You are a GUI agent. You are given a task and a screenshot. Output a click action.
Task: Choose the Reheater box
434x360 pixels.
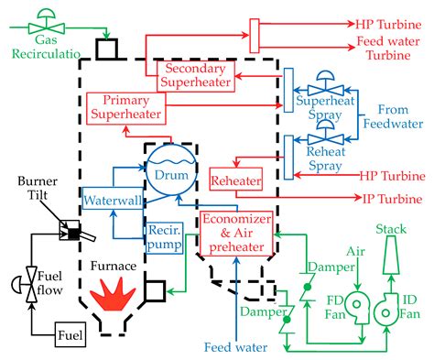pos(235,179)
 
